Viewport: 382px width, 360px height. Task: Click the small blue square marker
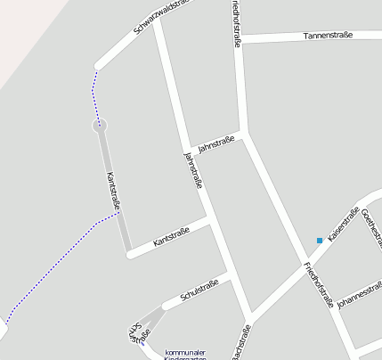(319, 240)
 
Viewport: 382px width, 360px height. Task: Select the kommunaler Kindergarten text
(185, 354)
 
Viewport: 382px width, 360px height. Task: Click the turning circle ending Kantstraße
(101, 126)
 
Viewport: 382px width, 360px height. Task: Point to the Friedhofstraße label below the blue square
(318, 283)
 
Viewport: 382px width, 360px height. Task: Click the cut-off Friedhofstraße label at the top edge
(237, 22)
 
